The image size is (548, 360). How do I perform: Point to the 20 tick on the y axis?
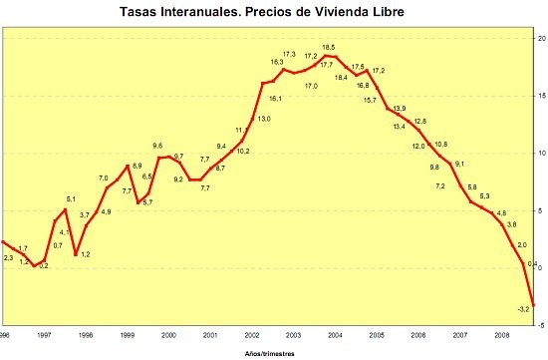click(x=541, y=38)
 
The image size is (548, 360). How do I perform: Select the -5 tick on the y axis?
click(x=541, y=325)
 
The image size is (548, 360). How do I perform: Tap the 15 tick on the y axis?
click(x=541, y=96)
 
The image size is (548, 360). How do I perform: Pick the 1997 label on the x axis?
click(x=45, y=335)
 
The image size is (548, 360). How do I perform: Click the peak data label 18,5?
click(x=328, y=47)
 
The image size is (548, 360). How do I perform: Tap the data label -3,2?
click(x=523, y=309)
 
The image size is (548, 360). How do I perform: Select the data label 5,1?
click(x=71, y=199)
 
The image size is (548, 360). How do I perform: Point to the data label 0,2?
click(x=43, y=265)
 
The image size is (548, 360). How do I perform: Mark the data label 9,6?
click(x=156, y=147)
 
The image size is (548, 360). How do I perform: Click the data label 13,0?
click(x=264, y=119)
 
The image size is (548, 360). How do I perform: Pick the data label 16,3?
click(x=277, y=62)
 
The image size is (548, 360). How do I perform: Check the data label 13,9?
click(x=400, y=108)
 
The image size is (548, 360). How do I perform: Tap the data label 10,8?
click(x=441, y=145)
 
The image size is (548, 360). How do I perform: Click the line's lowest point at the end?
click(x=534, y=305)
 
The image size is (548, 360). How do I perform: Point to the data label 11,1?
click(x=242, y=130)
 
